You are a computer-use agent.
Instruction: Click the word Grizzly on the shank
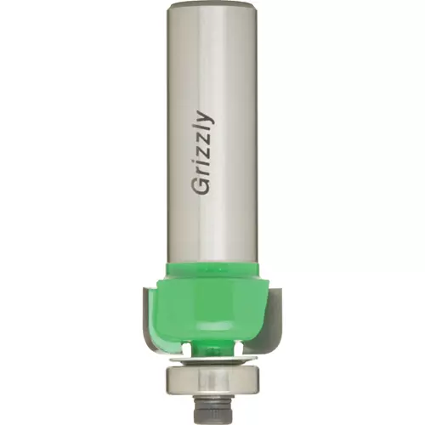pos(203,153)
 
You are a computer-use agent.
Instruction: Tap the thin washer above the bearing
pos(212,360)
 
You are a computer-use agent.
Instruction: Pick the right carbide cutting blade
pos(273,314)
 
